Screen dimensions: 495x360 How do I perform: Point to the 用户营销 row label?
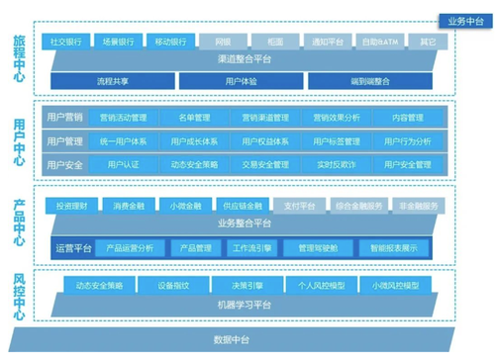65,117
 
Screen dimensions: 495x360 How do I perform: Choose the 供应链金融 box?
243,206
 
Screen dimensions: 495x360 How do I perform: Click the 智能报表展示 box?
394,248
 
